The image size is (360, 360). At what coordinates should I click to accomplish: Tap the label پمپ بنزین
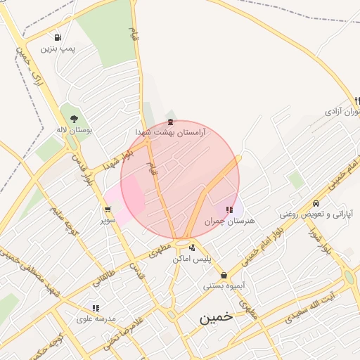pyautogui.click(x=57, y=49)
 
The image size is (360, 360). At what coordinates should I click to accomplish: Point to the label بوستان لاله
pyautogui.click(x=79, y=131)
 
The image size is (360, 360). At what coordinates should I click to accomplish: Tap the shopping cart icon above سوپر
pyautogui.click(x=108, y=209)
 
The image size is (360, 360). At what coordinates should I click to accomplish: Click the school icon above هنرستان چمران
pyautogui.click(x=229, y=210)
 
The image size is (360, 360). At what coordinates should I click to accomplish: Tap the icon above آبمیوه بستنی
pyautogui.click(x=224, y=275)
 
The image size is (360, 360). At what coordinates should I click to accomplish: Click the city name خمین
pyautogui.click(x=215, y=317)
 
